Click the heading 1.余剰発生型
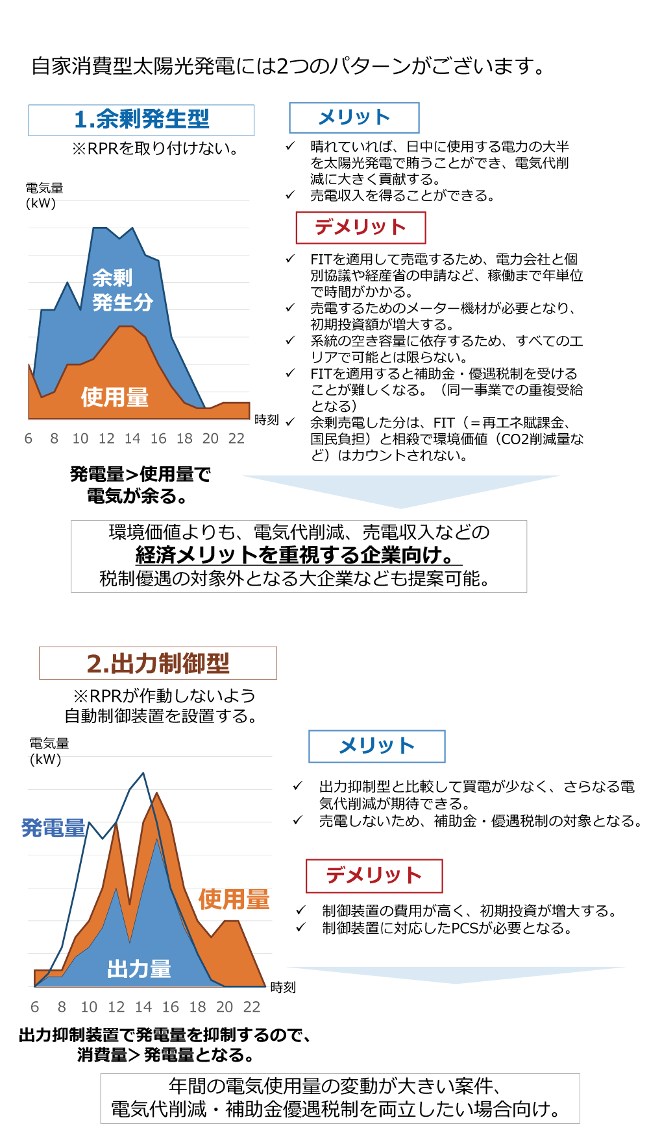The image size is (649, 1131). [141, 120]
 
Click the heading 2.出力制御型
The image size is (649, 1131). [158, 663]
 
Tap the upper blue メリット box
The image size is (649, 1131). [354, 117]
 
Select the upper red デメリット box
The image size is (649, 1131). [361, 228]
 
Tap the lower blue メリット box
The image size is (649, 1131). [376, 746]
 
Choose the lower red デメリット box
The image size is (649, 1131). [374, 875]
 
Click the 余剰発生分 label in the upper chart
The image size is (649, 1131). [122, 290]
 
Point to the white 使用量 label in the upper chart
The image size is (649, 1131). [114, 397]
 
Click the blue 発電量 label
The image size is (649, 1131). [53, 828]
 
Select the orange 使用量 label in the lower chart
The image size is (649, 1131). [234, 899]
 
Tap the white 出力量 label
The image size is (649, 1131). [139, 970]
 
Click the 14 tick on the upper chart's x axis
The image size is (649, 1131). [132, 439]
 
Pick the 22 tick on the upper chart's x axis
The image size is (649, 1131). [236, 439]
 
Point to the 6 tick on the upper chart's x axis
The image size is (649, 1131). [29, 439]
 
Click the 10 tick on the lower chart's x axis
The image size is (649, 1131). [89, 1007]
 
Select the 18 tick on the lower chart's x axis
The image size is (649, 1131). [197, 1007]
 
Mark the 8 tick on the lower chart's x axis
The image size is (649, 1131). [62, 1007]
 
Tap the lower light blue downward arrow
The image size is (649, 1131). [456, 975]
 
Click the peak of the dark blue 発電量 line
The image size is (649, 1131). [143, 773]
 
